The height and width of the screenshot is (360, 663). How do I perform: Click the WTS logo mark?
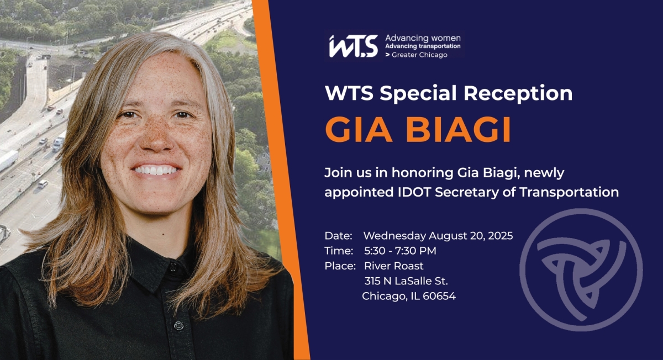coord(354,46)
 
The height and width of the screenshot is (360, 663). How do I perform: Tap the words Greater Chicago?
coord(419,55)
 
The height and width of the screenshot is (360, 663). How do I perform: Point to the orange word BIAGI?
coord(459,130)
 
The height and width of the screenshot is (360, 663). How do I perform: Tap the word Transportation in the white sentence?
coord(569,192)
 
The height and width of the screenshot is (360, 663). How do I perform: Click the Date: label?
coord(338,236)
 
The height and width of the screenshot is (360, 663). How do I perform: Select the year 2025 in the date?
coord(501,236)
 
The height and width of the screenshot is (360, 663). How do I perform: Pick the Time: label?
coord(339,251)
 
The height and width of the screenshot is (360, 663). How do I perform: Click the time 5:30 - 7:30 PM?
coord(400,251)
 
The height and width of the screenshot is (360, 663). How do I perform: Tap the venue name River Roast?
coord(393,266)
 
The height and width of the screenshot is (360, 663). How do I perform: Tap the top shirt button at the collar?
coord(173,267)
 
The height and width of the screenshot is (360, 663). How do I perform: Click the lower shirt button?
coord(179,325)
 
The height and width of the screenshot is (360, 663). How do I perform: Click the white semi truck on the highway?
coord(8,160)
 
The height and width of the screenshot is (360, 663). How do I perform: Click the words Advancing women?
coord(423,38)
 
